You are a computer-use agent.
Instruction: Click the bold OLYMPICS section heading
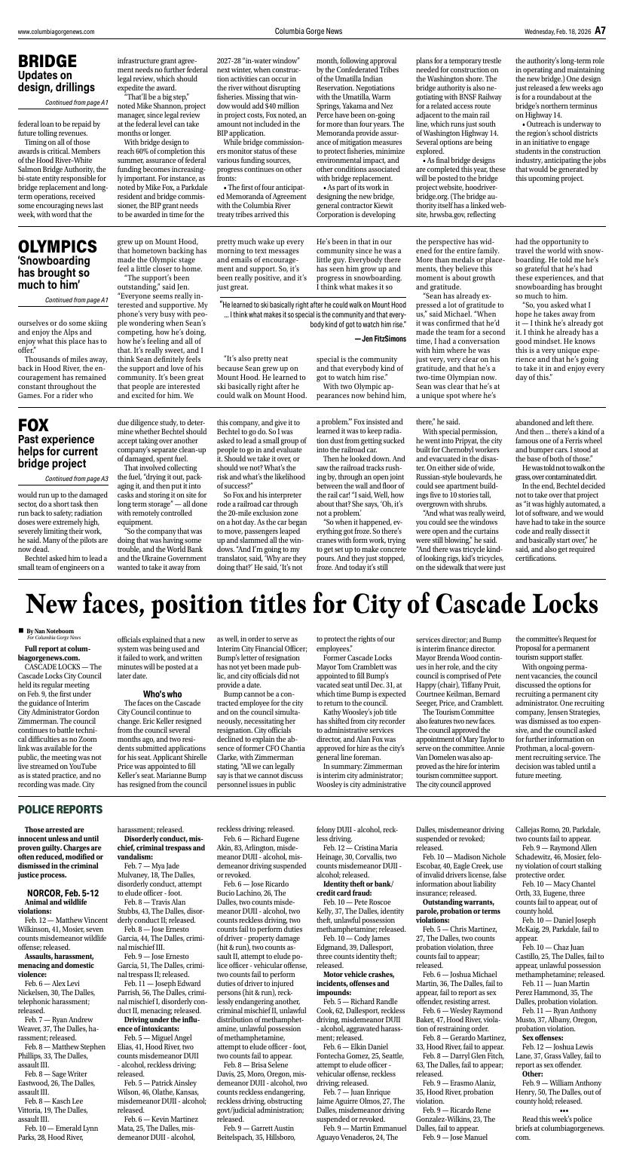pyautogui.click(x=57, y=247)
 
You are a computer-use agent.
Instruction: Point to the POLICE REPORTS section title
pyautogui.click(x=60, y=809)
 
